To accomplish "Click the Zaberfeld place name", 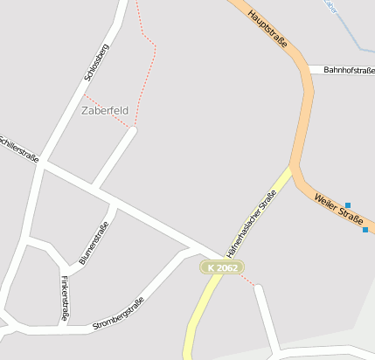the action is tap(104, 111).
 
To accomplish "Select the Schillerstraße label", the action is tap(17, 148).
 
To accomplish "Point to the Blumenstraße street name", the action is tap(94, 243).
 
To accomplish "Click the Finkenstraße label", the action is tap(66, 298).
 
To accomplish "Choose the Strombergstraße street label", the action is tap(119, 315).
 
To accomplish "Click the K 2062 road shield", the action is tap(222, 267).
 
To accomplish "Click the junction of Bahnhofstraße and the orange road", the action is tap(309, 69).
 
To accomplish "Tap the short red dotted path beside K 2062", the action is tap(247, 280).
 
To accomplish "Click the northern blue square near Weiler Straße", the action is tap(348, 204).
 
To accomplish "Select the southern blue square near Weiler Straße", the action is tap(365, 230).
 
